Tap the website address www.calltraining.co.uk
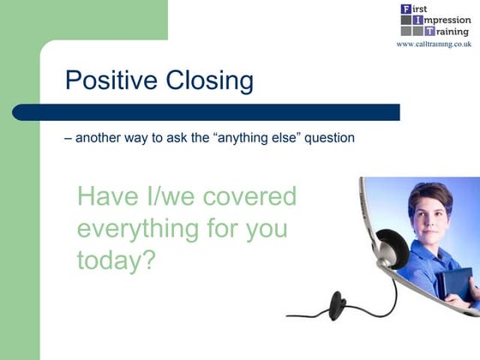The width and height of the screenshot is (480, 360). point(434,44)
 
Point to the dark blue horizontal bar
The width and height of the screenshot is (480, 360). point(206,112)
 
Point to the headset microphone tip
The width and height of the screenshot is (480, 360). point(337,303)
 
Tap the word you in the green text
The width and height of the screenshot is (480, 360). point(262,230)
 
